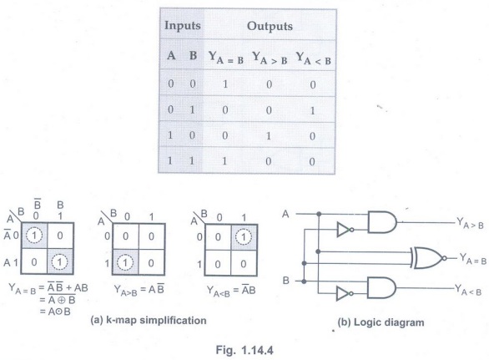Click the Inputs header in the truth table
tap(183, 26)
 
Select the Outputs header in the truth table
tap(270, 26)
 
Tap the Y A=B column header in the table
tap(226, 58)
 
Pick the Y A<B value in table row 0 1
tap(312, 110)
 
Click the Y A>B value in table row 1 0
tap(269, 136)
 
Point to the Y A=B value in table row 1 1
tap(224, 161)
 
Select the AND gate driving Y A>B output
tap(382, 222)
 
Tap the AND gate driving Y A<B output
tap(381, 287)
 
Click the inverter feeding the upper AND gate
tap(345, 230)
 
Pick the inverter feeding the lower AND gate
tap(345, 294)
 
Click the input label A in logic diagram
tap(285, 214)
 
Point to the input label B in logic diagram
tap(285, 281)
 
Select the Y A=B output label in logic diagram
tap(473, 259)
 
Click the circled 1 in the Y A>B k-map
tap(125, 262)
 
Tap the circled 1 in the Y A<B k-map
tap(244, 237)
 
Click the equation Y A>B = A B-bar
tap(139, 290)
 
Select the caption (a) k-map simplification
tap(149, 321)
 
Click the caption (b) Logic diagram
tap(381, 322)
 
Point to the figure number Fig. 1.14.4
tap(244, 350)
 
